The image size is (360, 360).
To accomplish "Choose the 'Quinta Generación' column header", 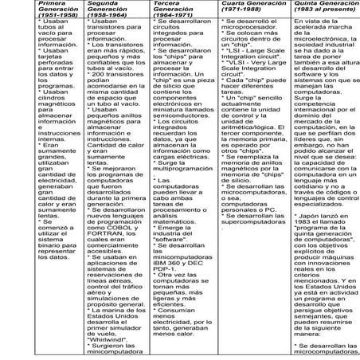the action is pos(322,6).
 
